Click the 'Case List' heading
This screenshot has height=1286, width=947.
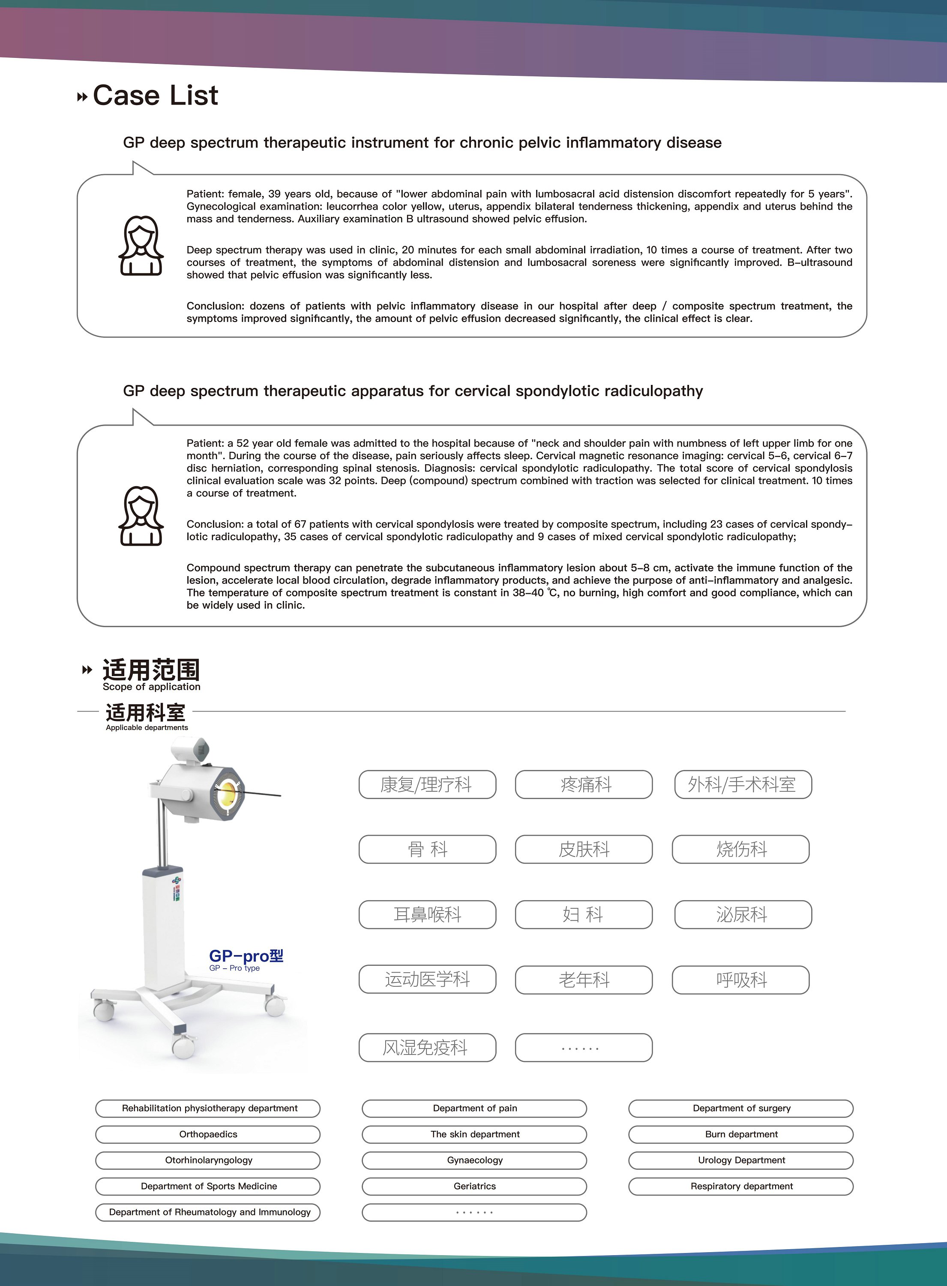(x=155, y=96)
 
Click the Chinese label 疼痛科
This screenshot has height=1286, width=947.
(x=584, y=784)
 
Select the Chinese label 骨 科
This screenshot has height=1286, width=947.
(x=427, y=849)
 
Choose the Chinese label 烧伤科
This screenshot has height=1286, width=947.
(x=740, y=849)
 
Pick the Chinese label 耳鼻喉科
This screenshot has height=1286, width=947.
(x=427, y=914)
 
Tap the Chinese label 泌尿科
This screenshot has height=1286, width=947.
(x=743, y=914)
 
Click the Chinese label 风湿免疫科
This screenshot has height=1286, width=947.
(x=427, y=1048)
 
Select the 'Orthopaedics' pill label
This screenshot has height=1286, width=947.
(x=208, y=1134)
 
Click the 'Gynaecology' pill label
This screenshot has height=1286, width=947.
(x=475, y=1160)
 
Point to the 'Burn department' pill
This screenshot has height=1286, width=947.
(x=741, y=1134)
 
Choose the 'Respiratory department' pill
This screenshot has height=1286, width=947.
(x=741, y=1186)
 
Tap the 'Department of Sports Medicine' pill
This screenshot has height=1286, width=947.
(x=208, y=1186)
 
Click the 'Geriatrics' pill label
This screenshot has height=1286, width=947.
(x=475, y=1186)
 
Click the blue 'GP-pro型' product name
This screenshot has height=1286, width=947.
(x=246, y=956)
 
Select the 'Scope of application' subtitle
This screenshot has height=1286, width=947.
(x=151, y=687)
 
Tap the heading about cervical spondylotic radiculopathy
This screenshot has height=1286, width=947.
(x=413, y=391)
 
